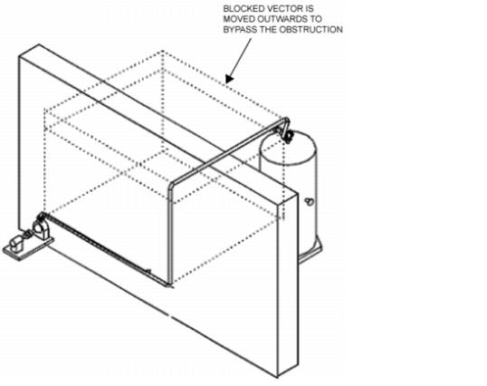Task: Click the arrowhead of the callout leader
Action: [229, 79]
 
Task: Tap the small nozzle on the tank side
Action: [309, 202]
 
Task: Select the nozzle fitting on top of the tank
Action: [288, 136]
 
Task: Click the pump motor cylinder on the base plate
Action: [17, 243]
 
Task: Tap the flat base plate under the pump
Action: [28, 248]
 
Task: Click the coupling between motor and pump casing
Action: [28, 234]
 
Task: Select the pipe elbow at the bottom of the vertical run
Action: [169, 284]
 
